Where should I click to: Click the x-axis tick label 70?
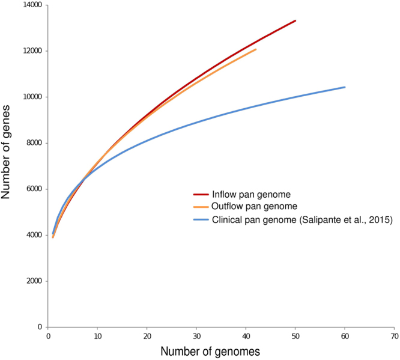click(x=394, y=336)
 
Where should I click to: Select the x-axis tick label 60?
click(x=345, y=336)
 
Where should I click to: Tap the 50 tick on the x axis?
click(x=295, y=336)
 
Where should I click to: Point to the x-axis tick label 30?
click(x=196, y=336)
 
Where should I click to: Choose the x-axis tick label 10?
click(x=98, y=336)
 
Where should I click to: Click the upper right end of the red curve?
click(x=295, y=20)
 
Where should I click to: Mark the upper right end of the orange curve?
click(x=256, y=49)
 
